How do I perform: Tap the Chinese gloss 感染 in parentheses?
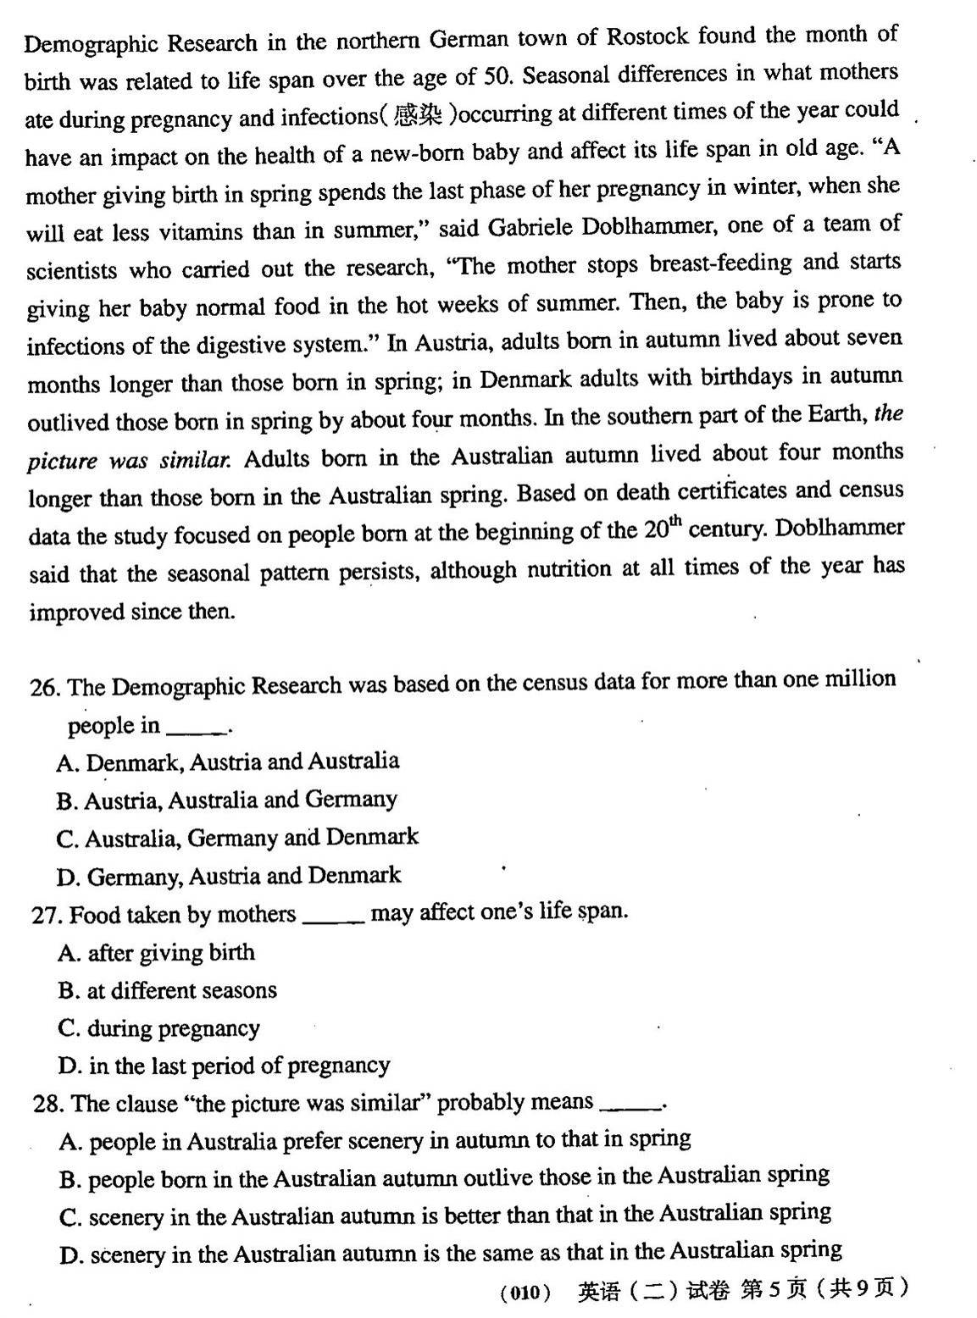419,115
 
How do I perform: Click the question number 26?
44,687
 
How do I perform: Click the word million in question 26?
860,679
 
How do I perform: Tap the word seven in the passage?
871,339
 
